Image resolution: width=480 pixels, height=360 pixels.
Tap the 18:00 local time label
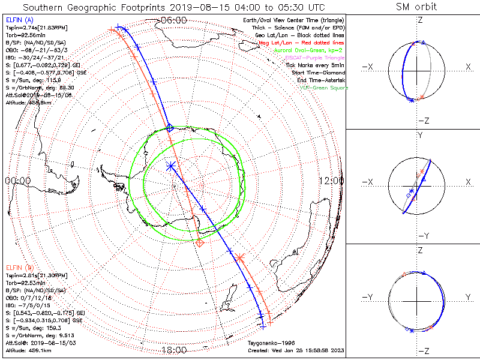[x=174, y=350]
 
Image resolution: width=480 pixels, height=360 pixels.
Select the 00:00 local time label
[x=17, y=181]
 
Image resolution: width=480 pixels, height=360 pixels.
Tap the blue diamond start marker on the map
[x=170, y=128]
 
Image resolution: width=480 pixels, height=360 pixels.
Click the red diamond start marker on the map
[x=200, y=243]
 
